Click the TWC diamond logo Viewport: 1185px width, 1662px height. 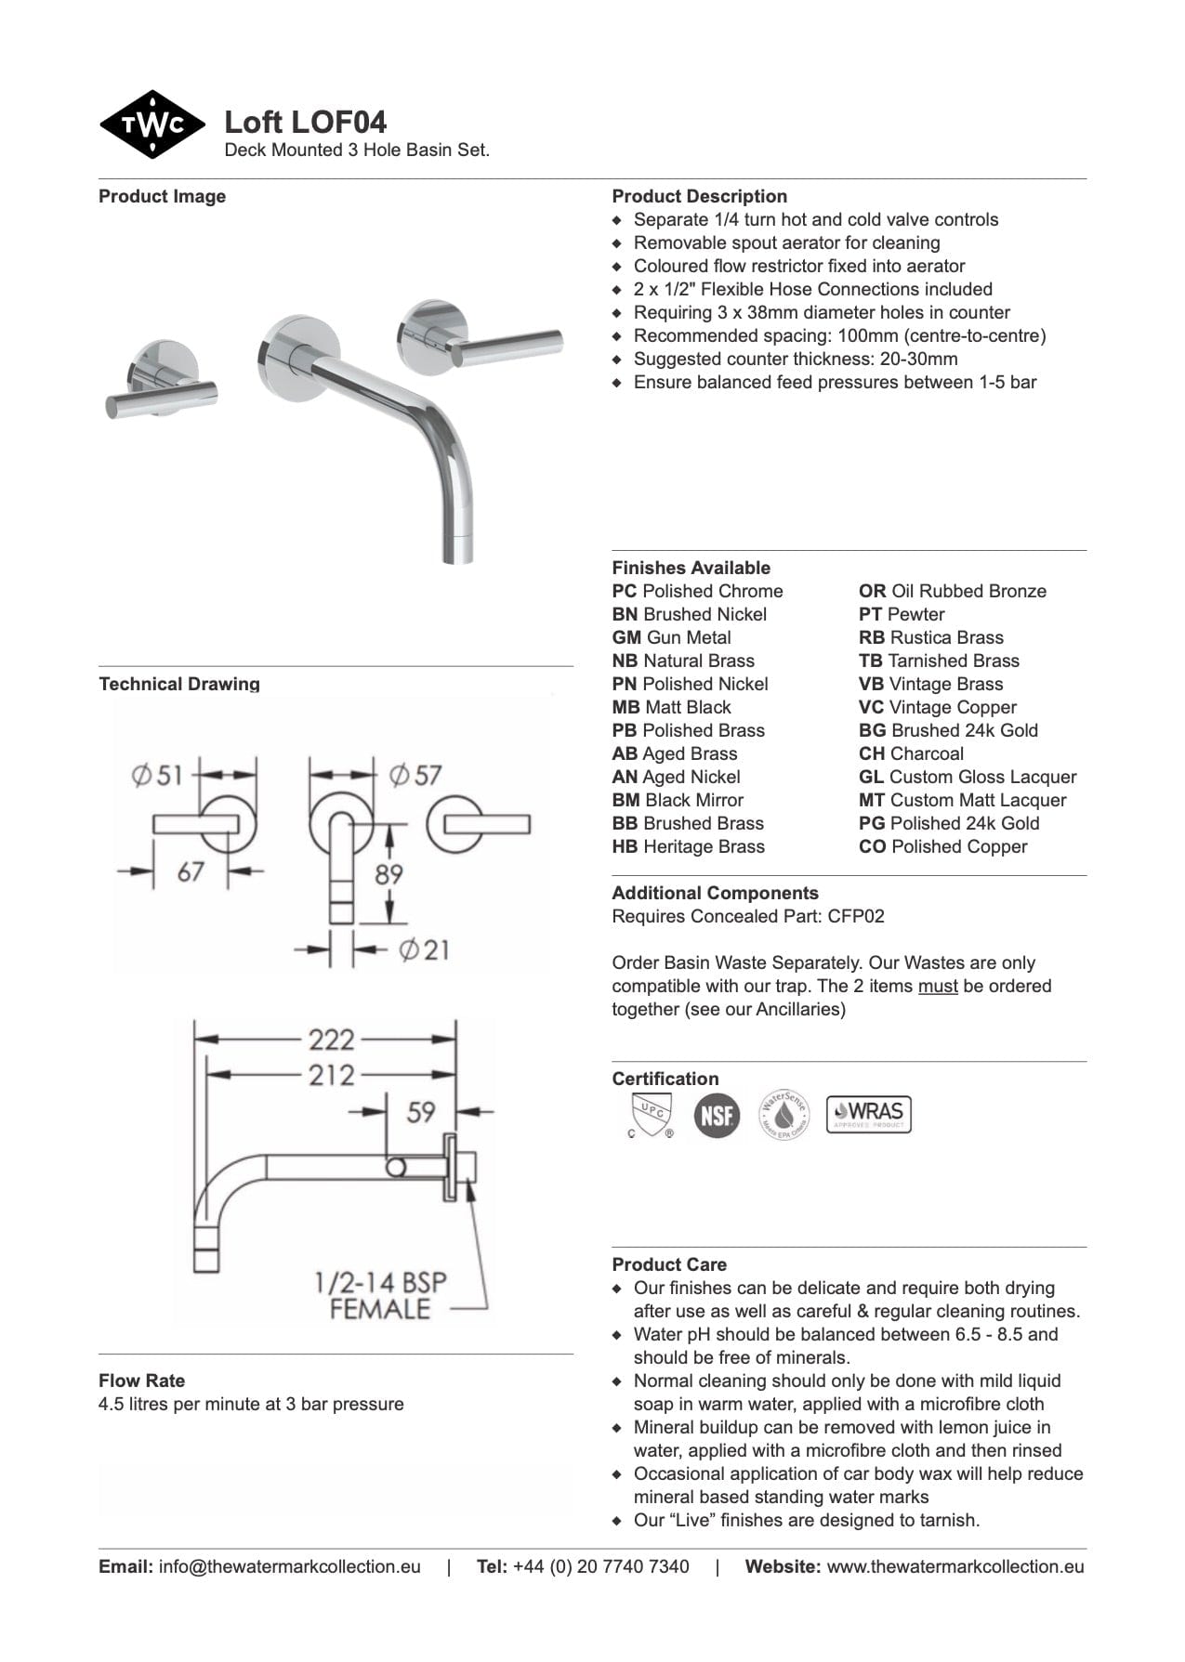(151, 124)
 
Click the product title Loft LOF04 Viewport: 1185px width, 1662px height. (305, 123)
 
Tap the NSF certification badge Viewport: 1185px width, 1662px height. (717, 1115)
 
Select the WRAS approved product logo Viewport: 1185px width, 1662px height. (868, 1114)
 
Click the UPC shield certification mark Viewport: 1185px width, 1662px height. (650, 1114)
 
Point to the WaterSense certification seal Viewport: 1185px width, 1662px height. (783, 1115)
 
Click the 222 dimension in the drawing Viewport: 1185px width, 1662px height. (332, 1039)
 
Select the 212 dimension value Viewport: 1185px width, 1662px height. (332, 1075)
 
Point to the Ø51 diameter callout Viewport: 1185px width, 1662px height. (157, 775)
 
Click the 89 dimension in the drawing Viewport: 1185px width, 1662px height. (388, 874)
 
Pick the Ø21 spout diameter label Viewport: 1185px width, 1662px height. (424, 949)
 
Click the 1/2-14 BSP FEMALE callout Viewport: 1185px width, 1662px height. (380, 1296)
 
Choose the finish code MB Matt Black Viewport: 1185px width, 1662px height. (671, 707)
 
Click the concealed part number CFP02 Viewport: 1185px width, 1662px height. (856, 916)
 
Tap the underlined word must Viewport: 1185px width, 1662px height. (937, 986)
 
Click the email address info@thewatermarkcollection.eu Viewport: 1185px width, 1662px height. (289, 1566)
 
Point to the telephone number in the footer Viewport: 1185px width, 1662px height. (600, 1566)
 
